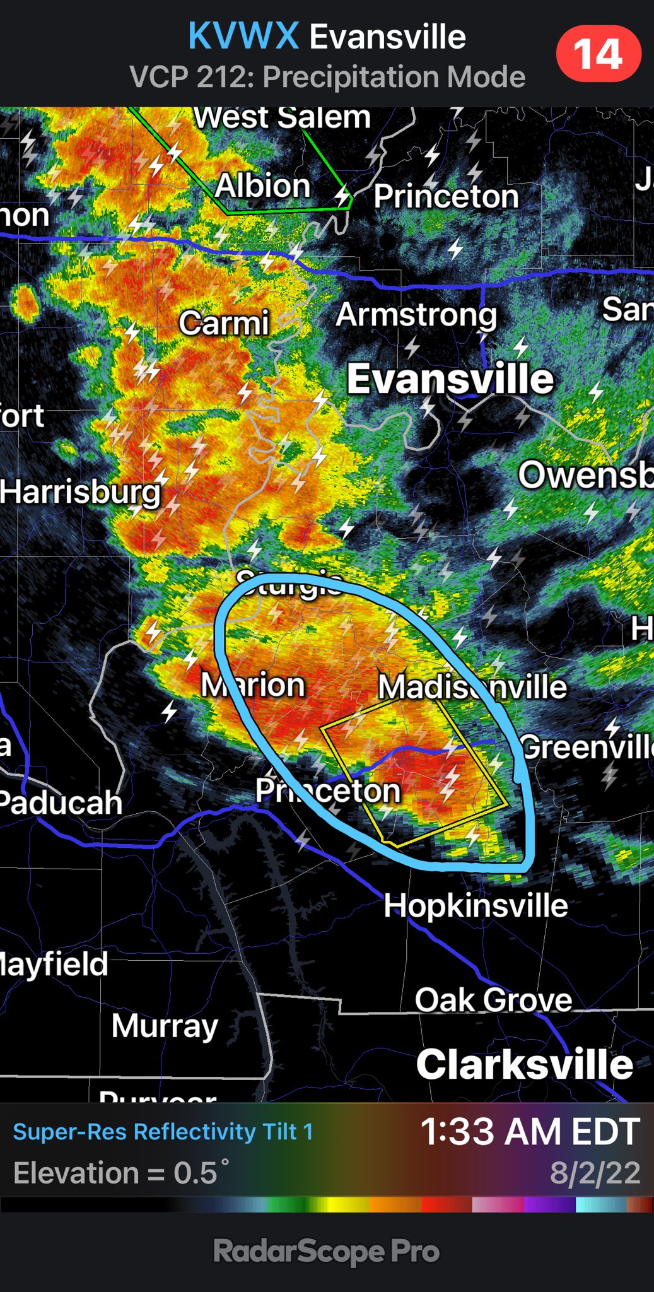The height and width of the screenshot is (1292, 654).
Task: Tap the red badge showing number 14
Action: tap(598, 54)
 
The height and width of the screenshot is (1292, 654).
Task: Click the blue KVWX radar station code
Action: tap(243, 36)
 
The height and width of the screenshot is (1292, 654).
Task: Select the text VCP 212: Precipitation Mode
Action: tap(327, 77)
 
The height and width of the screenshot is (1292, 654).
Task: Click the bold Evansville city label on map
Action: tap(450, 379)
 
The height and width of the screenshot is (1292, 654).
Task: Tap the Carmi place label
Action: tap(224, 323)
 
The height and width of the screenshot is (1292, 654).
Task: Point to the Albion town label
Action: tap(263, 186)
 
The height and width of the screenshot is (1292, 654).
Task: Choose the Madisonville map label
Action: tap(472, 686)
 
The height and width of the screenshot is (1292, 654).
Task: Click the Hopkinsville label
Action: tap(476, 906)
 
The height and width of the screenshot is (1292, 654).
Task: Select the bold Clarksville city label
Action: tap(525, 1065)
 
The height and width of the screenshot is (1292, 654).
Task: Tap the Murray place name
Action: tap(165, 1026)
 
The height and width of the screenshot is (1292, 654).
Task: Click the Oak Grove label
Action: tap(493, 1000)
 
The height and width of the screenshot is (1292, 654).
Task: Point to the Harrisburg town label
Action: tap(80, 492)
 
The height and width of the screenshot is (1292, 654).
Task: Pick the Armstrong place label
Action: tap(416, 315)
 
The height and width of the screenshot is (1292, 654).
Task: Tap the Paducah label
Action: tap(61, 802)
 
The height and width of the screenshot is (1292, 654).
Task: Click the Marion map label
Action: tap(253, 684)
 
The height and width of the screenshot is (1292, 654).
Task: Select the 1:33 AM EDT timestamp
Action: tap(530, 1132)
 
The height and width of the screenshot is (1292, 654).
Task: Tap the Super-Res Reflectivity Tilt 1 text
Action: tap(163, 1132)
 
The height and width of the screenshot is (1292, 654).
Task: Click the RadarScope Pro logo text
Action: tap(326, 1251)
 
